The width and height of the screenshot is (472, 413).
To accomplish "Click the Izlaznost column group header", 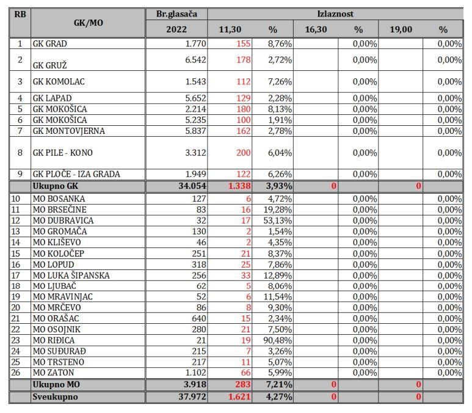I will pos(335,13).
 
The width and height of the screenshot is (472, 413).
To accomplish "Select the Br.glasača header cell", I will pos(176,13).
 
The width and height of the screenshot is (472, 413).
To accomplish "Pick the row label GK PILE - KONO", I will pos(63,152).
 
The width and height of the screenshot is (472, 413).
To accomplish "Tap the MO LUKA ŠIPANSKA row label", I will pos(71,276).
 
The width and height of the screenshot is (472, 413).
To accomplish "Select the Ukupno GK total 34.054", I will pos(191,186).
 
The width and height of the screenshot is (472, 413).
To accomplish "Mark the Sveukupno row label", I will pos(55,397).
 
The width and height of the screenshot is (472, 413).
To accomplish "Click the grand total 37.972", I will pos(191,397).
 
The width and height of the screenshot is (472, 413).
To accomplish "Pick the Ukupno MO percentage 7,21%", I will pos(277,384).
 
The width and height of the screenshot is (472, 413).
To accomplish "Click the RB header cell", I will pos(20,13).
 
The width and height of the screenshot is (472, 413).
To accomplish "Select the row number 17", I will pos(20,276).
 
